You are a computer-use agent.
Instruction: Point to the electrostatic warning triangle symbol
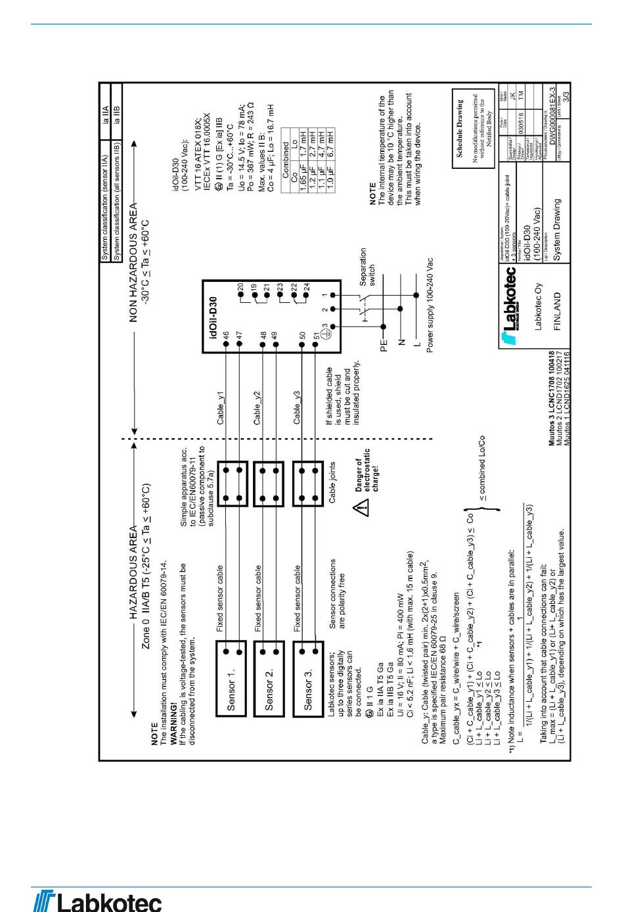[x=361, y=507]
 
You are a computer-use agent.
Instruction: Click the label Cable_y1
[x=221, y=408]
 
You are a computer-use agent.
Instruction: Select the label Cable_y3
[x=297, y=408]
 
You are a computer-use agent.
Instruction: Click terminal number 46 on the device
[x=225, y=336]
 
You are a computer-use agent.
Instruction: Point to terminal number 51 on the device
[x=316, y=336]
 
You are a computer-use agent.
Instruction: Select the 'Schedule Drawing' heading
[x=460, y=128]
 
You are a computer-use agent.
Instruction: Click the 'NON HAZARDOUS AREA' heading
[x=133, y=263]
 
